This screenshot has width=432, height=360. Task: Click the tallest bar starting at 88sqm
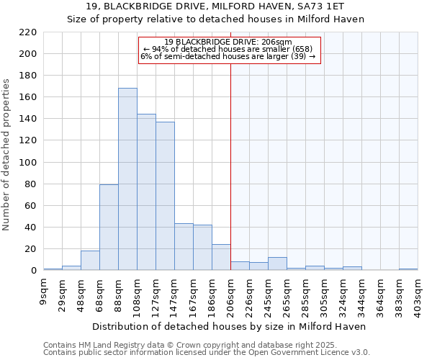[127, 179]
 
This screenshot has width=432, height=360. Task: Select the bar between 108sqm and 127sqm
[146, 192]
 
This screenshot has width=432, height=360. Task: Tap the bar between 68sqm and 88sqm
[109, 228]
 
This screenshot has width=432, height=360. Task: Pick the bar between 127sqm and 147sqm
[165, 196]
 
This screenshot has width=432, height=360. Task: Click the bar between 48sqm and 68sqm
[90, 261]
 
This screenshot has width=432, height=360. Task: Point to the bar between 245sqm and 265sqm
[277, 264]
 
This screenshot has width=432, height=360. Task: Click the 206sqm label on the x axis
[231, 294]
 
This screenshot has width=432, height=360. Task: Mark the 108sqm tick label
[138, 294]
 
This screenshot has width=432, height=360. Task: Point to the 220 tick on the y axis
[28, 32]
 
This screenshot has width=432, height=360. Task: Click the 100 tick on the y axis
[28, 163]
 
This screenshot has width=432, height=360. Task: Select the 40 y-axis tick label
[31, 228]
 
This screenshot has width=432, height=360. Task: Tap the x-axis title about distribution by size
[230, 326]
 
